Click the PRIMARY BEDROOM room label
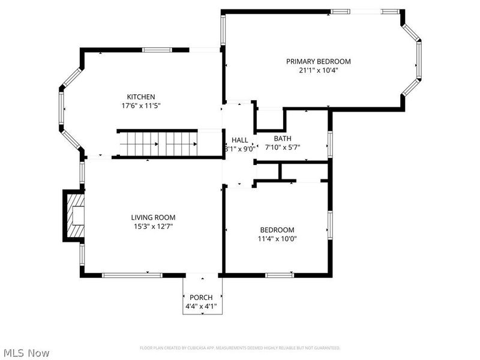[x=318, y=61]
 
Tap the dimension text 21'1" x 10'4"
[x=318, y=70]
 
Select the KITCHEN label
[x=141, y=97]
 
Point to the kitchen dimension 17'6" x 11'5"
[x=141, y=106]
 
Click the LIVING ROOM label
[x=154, y=217]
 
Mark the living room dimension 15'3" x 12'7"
[x=154, y=226]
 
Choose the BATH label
[x=283, y=139]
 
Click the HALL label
[x=239, y=140]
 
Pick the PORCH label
[x=201, y=298]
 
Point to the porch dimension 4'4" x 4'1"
[x=201, y=307]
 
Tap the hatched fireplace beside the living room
[x=74, y=215]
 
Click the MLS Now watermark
[x=26, y=353]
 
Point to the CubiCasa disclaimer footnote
[x=240, y=348]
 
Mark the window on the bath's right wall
[x=329, y=144]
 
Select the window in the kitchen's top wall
[x=157, y=50]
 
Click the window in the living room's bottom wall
[x=132, y=275]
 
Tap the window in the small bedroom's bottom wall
[x=280, y=275]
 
